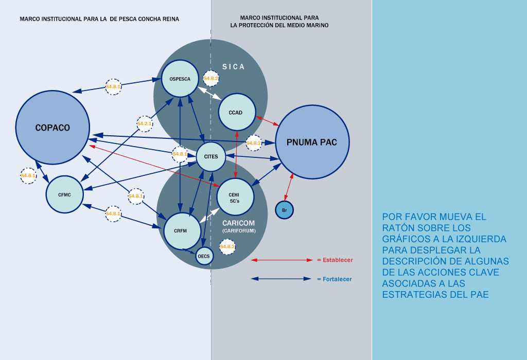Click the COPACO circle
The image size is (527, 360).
pos(52,128)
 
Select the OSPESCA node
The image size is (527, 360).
pos(180,79)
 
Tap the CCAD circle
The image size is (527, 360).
pos(237,113)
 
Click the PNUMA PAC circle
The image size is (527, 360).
pos(312,142)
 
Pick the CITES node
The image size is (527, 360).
pos(211,156)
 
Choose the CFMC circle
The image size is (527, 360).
pos(64,194)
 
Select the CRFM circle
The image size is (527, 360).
pos(182,230)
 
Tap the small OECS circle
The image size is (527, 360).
pos(204,256)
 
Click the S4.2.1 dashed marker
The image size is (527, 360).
pos(145,124)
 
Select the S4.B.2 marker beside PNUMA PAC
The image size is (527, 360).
pos(254,142)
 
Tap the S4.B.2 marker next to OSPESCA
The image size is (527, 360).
pos(211,78)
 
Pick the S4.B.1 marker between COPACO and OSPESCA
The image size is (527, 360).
pos(113,86)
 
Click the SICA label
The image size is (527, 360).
pos(233,67)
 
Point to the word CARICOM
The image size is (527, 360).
pos(238,223)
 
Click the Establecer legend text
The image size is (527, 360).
pos(338,260)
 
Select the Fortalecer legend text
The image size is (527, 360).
pos(337,279)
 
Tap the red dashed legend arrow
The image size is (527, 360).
pos(282,260)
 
